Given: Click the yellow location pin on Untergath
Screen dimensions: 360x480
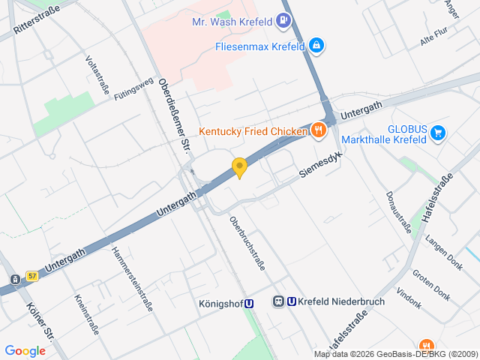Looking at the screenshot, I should (239, 168).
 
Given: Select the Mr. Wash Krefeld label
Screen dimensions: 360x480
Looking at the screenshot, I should (232, 22).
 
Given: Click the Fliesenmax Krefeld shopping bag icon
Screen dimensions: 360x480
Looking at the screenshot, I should (317, 46).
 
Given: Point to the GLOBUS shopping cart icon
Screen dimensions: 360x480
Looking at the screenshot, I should (439, 134).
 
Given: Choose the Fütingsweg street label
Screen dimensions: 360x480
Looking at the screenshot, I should (133, 88).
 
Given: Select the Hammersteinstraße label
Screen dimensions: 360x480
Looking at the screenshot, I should (132, 280).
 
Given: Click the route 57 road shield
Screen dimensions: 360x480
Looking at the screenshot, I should (31, 276).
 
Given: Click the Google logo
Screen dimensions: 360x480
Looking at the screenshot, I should (25, 350).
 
